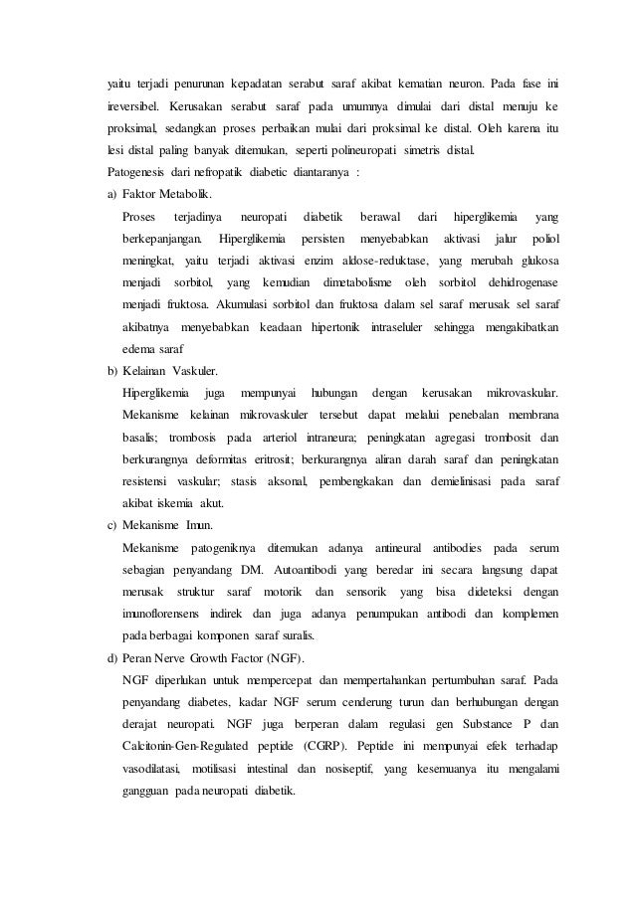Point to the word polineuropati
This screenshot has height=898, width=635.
pos(361,150)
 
